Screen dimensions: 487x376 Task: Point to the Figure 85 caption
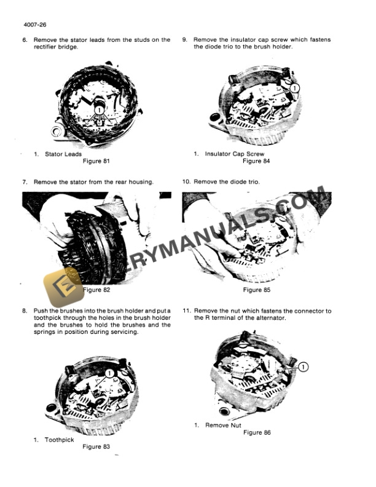256,290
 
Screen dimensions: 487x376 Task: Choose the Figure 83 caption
96,446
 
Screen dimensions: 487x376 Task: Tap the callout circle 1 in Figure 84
294,89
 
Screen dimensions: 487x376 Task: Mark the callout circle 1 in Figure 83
109,373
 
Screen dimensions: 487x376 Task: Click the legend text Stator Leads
63,154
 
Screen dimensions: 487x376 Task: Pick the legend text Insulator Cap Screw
234,154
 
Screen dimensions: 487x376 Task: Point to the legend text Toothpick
59,440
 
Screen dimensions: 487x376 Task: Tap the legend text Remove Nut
222,425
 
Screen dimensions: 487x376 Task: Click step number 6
25,40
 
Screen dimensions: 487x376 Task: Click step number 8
25,311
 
